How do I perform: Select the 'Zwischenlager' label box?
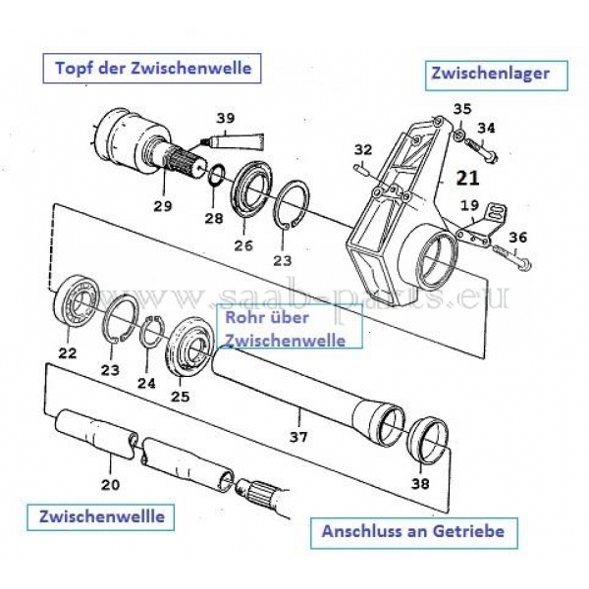[x=498, y=73]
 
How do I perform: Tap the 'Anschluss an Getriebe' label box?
[x=413, y=532]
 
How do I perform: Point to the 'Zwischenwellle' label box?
[x=102, y=515]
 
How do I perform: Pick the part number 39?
[x=226, y=120]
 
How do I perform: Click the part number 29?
[x=163, y=206]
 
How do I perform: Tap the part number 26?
[x=241, y=245]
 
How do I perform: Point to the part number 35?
[x=462, y=108]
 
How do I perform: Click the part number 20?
[x=110, y=483]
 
